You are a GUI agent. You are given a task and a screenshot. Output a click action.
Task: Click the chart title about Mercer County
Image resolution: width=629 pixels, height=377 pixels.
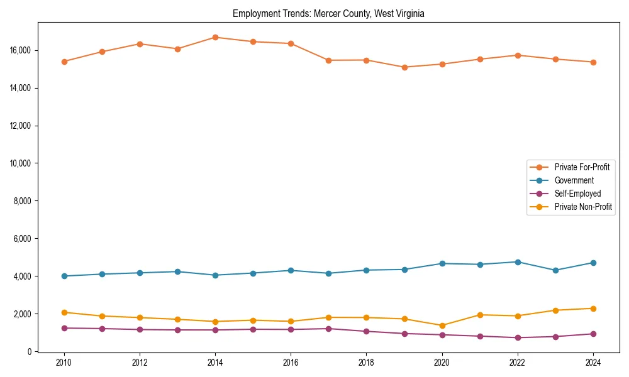click(328, 14)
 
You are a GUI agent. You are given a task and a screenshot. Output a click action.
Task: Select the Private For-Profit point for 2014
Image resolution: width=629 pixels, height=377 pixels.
click(215, 37)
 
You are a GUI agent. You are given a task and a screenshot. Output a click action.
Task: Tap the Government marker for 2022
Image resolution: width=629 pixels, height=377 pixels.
click(518, 262)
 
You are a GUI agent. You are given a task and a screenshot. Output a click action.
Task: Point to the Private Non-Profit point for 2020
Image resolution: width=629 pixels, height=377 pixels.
click(442, 325)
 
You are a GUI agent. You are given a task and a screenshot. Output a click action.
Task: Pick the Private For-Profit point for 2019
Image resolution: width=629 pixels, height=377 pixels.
click(404, 67)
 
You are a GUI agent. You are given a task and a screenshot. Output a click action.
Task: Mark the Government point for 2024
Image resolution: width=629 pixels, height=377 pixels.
click(593, 263)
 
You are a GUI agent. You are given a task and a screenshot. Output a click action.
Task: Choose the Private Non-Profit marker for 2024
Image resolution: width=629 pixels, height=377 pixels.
click(593, 309)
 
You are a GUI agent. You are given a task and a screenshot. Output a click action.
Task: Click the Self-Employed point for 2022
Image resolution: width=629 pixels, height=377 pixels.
click(518, 337)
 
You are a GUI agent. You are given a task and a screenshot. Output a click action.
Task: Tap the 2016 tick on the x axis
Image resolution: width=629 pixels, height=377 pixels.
click(291, 363)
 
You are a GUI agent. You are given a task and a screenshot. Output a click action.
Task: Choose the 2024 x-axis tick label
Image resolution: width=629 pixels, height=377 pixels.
click(593, 363)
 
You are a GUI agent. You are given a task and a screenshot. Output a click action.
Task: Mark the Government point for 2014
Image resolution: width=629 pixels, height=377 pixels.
click(215, 275)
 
